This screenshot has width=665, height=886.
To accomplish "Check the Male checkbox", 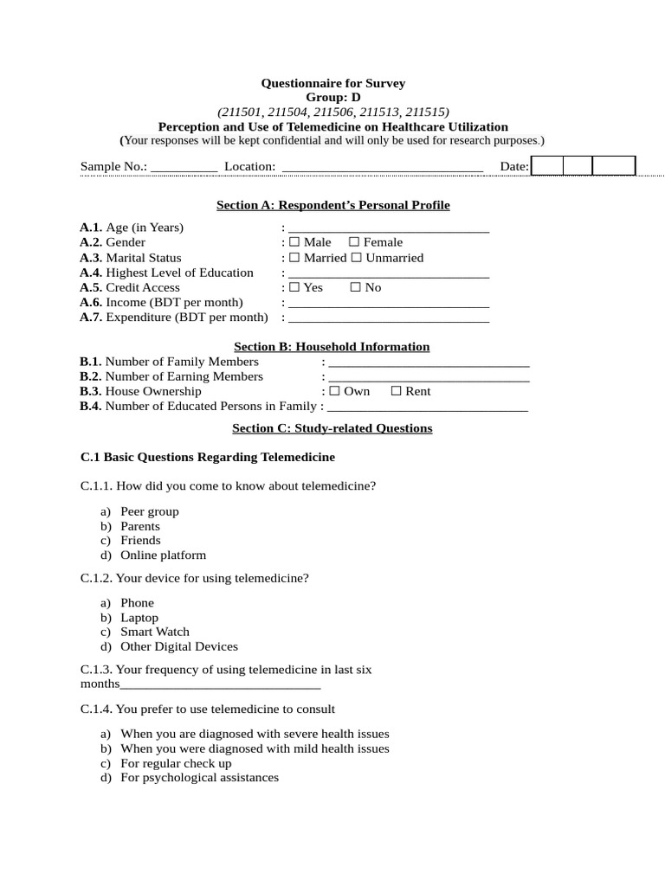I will [294, 243].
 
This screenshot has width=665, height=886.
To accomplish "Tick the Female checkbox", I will [354, 243].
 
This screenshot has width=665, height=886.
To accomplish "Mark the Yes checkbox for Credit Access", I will [294, 288].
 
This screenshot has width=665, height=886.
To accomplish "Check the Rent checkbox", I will [397, 392].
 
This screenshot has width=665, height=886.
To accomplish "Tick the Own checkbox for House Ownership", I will [335, 392].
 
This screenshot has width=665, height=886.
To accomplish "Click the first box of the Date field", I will [547, 166].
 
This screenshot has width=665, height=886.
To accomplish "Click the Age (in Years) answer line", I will [388, 230].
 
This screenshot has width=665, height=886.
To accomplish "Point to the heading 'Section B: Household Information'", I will [332, 347].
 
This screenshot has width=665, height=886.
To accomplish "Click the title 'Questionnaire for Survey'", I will [333, 84].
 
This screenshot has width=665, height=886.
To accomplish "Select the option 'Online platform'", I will [163, 555].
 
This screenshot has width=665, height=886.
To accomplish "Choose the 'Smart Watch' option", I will [155, 632].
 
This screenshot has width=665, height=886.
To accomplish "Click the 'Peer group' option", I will [150, 512].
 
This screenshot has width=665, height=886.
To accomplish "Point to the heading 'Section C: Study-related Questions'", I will [332, 428].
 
